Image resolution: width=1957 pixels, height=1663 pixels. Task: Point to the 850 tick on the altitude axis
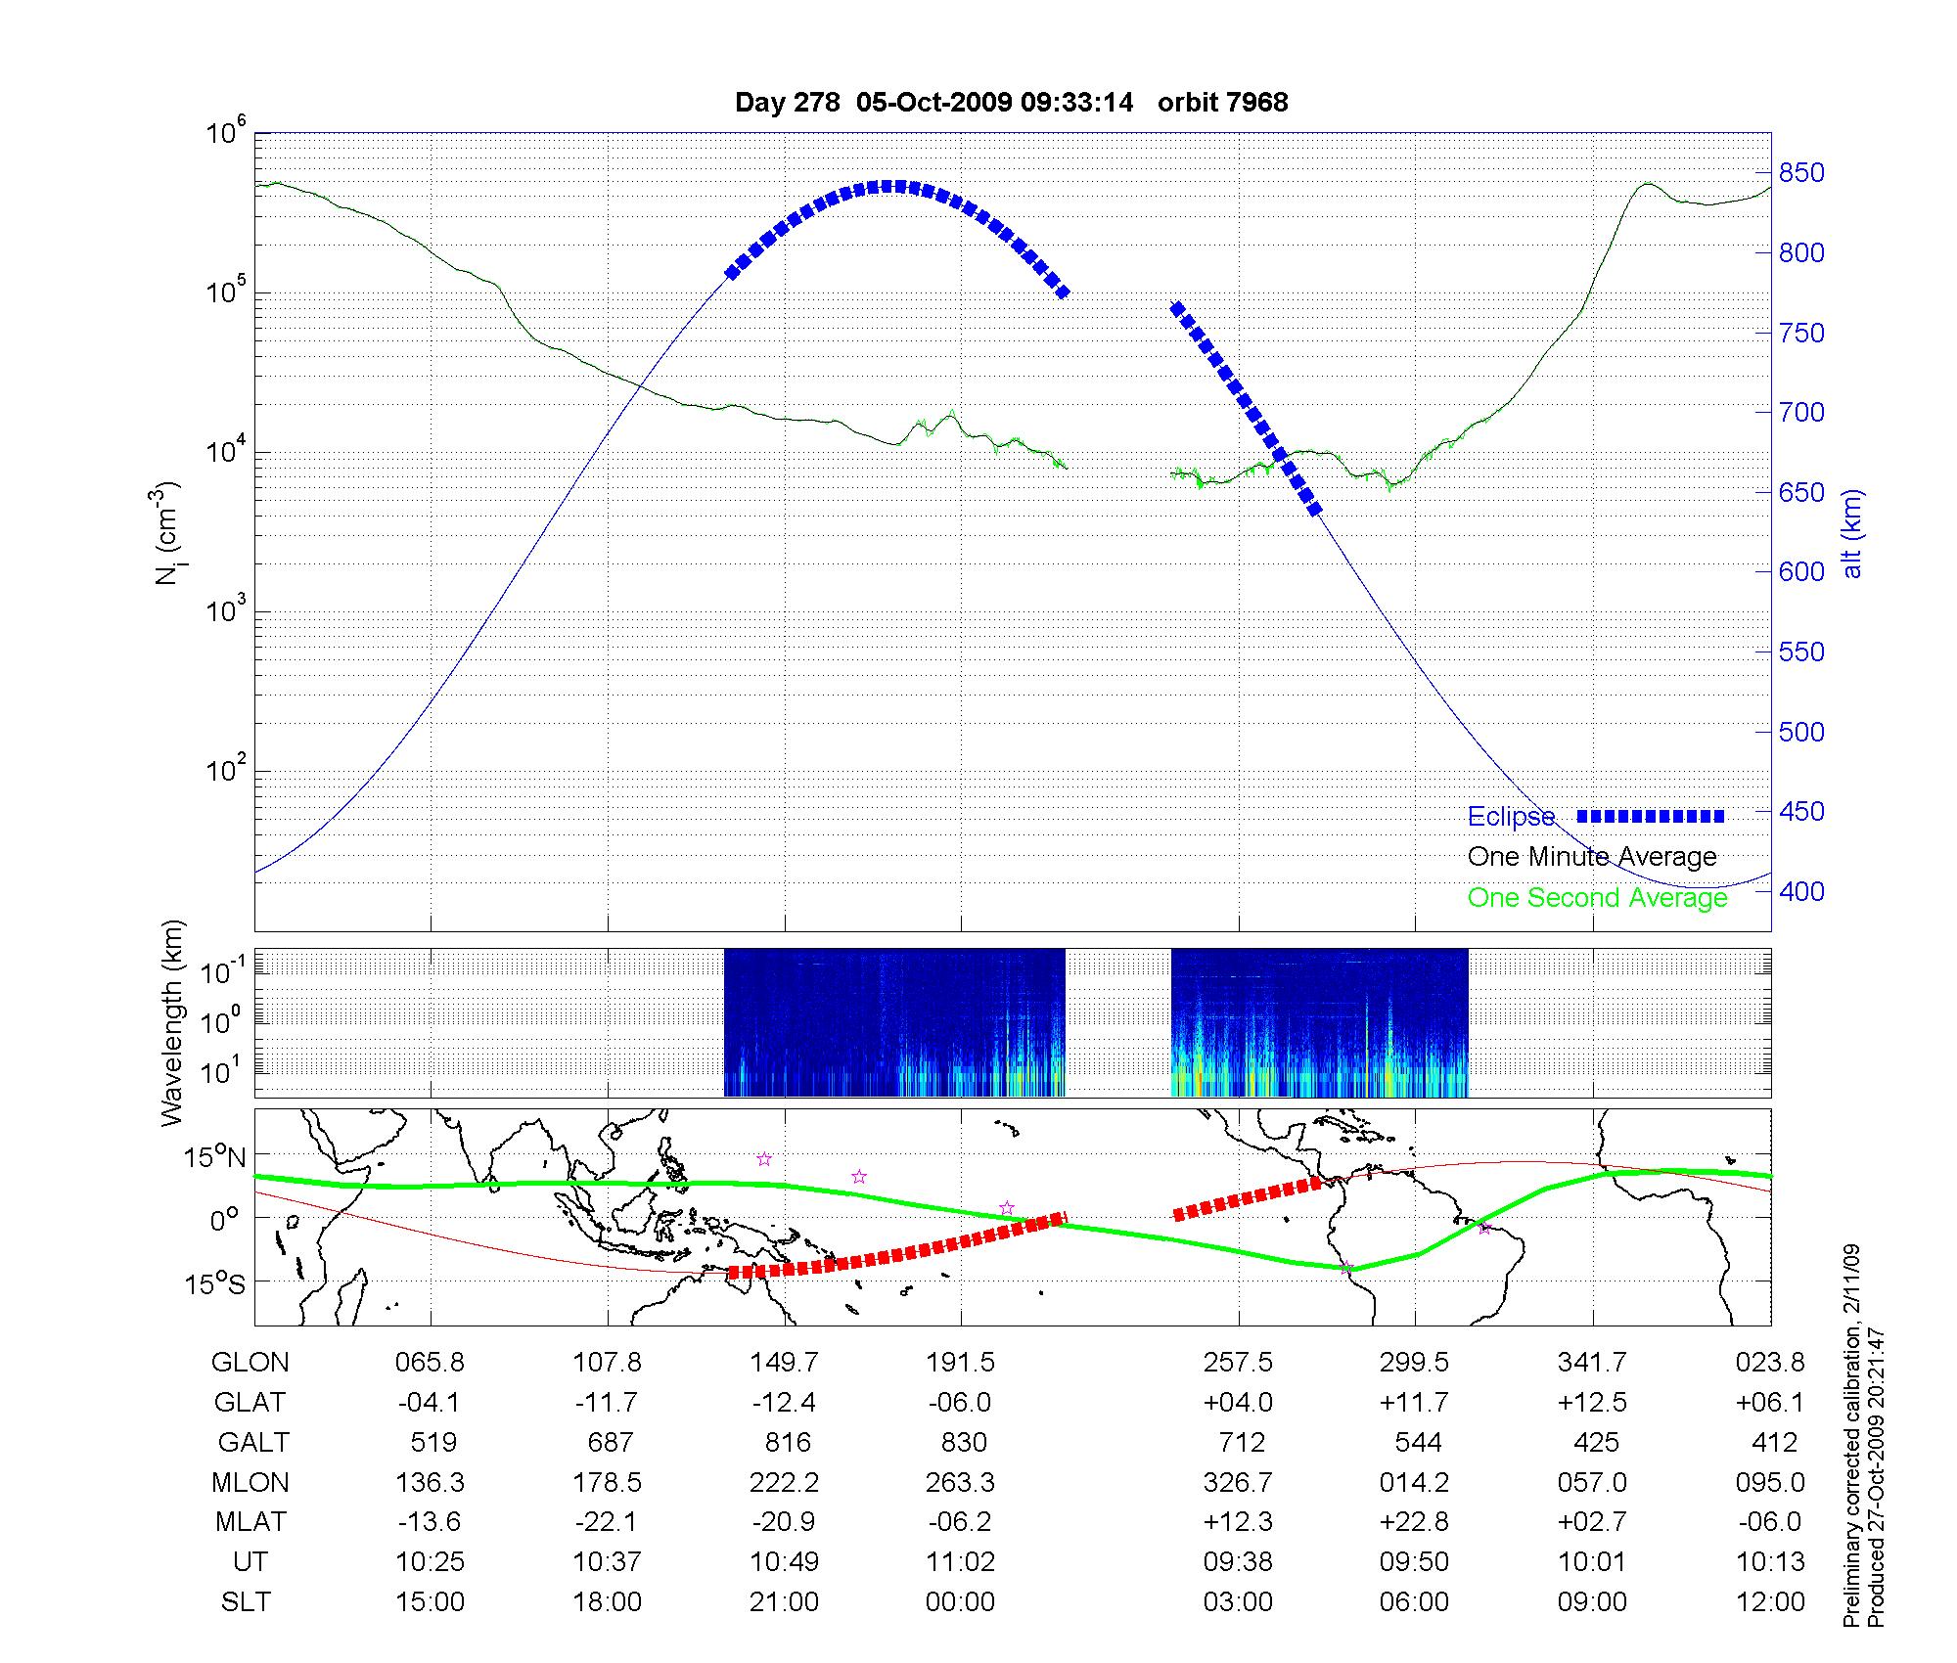(1801, 173)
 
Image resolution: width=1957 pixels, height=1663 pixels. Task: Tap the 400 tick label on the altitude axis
(1801, 891)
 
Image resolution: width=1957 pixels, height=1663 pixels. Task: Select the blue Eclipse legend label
(1511, 817)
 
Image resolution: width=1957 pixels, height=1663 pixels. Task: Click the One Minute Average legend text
(1592, 857)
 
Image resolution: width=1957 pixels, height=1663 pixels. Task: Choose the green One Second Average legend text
(1597, 898)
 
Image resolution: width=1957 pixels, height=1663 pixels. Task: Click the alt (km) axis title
(1853, 533)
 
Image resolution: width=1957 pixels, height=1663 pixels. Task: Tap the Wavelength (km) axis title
(173, 1023)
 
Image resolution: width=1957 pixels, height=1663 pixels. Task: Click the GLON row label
(250, 1363)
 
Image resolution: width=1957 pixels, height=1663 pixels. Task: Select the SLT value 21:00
(784, 1602)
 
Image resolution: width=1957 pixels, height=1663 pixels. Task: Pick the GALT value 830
(961, 1443)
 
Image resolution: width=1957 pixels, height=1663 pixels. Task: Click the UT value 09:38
(1238, 1562)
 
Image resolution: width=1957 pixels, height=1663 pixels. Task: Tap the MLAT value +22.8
(1414, 1522)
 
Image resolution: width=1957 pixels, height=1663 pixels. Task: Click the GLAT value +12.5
(1592, 1403)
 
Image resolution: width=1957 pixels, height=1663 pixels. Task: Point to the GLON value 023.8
(1770, 1363)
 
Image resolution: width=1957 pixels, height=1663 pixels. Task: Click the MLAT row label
(250, 1522)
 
